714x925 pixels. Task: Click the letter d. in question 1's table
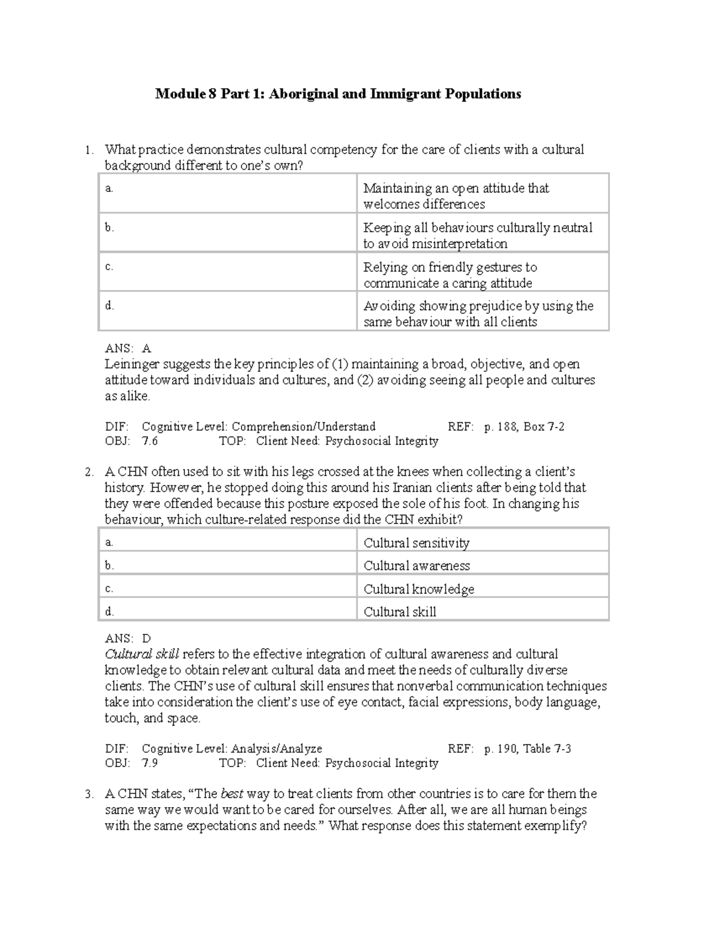(x=109, y=306)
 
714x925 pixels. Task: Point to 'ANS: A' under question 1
(x=128, y=348)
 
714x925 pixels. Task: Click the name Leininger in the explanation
(x=132, y=364)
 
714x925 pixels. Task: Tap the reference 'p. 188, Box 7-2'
(x=524, y=426)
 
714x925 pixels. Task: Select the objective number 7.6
(x=150, y=441)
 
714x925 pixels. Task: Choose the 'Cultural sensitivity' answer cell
(x=416, y=543)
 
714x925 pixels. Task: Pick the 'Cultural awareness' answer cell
(x=416, y=566)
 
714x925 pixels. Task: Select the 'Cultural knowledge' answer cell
(x=419, y=589)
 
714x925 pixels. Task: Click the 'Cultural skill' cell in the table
(x=400, y=612)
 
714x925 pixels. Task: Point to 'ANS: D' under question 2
(x=128, y=639)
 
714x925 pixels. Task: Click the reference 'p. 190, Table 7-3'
(x=528, y=749)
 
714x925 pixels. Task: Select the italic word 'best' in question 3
(x=231, y=794)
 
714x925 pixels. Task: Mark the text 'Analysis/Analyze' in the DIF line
(x=277, y=749)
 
